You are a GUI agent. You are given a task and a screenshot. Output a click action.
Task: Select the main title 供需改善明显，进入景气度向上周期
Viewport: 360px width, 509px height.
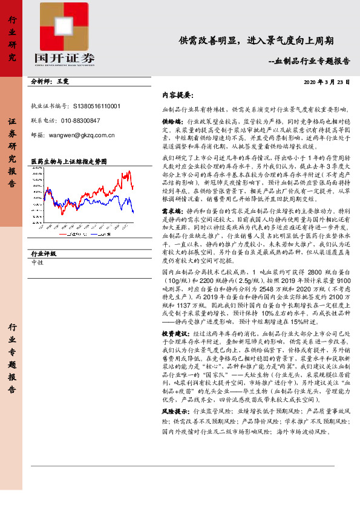coord(256,41)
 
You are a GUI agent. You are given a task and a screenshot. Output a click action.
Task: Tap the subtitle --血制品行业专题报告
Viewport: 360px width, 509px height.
coord(309,61)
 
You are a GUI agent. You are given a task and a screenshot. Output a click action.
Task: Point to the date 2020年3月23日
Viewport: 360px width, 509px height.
coord(327,82)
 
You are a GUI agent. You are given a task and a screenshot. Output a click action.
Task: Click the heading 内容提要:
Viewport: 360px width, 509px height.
coord(177,96)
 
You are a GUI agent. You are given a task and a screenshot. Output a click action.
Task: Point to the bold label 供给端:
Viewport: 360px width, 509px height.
coord(173,121)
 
